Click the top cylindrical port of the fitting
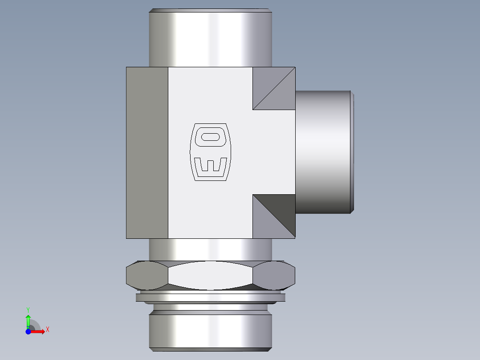tap(210, 38)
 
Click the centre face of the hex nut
tap(210, 275)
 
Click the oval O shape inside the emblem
tap(212, 137)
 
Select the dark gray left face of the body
tap(147, 152)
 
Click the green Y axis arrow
tap(28, 320)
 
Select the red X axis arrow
tap(38, 331)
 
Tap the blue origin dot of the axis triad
tap(28, 331)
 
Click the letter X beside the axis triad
tap(48, 330)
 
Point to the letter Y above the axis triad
tap(28, 309)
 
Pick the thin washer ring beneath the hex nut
tap(211, 298)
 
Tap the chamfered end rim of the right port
tap(352, 151)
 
